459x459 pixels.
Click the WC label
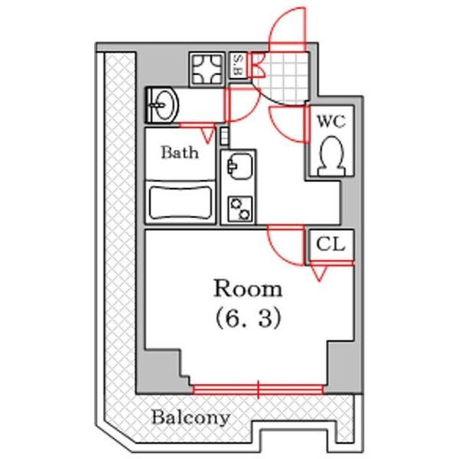tap(331, 121)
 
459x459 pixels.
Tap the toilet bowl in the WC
tap(331, 156)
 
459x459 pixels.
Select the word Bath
tap(180, 152)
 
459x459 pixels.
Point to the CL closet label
tap(330, 244)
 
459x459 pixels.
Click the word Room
tap(248, 289)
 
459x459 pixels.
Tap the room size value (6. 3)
tap(248, 318)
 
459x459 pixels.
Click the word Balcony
tap(190, 418)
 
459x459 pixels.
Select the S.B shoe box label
tap(238, 65)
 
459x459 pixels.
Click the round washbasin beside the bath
tap(164, 105)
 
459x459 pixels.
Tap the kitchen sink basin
tap(239, 166)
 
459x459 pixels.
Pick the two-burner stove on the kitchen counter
tap(239, 208)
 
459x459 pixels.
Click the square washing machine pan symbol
tap(207, 70)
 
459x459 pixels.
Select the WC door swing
tap(288, 125)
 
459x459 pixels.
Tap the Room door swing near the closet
tap(286, 245)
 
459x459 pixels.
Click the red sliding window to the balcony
tap(258, 389)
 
